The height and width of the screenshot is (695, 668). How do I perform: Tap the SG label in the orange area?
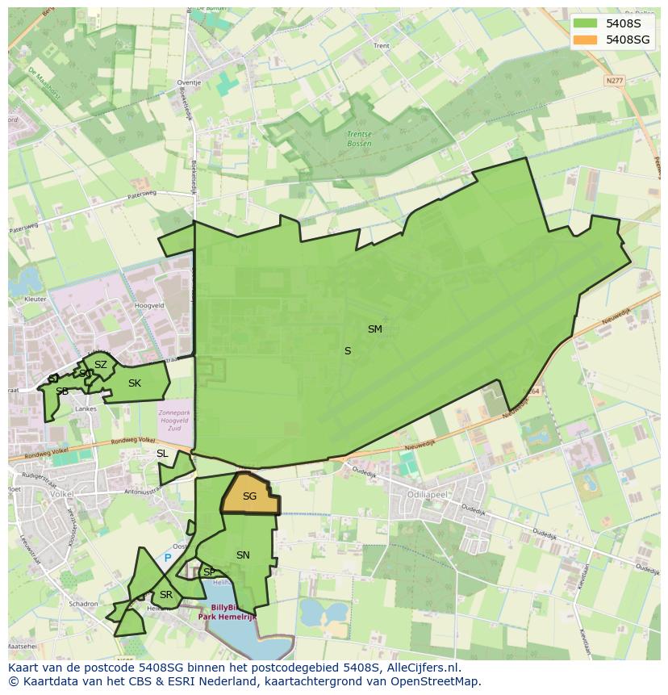coord(249,496)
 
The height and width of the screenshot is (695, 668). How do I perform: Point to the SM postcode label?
coord(374,329)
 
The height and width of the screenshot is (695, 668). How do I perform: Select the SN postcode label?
coord(243,555)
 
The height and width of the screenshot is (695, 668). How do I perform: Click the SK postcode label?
coord(135,383)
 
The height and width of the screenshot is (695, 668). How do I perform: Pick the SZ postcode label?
coord(100,365)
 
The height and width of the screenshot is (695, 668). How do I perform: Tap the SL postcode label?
coord(162,454)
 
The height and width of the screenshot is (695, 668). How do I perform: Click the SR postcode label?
coord(165,595)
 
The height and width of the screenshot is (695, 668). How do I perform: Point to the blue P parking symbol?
coord(168,558)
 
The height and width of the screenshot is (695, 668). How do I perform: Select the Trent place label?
coord(381,46)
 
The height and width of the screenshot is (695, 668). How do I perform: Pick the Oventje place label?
coord(189,82)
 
